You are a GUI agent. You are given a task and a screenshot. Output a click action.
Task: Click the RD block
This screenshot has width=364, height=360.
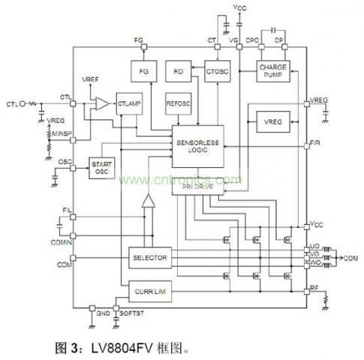179,73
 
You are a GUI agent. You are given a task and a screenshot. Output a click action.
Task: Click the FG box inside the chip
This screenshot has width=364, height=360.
142,73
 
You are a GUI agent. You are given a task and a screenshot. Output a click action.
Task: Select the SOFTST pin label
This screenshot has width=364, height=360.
131,311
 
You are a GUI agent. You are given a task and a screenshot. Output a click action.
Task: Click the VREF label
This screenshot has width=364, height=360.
88,79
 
